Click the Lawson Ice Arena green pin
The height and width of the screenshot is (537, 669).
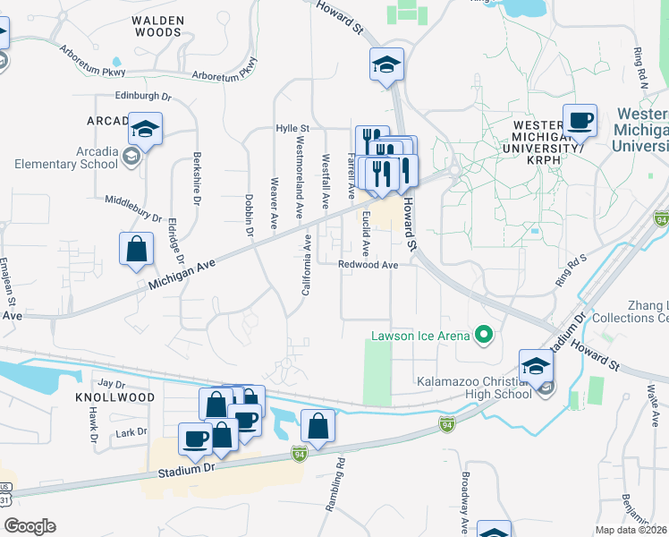[484, 336]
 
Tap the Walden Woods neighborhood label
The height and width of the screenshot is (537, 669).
[157, 25]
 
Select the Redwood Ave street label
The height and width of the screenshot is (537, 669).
[368, 265]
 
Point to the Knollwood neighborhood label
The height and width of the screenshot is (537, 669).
[116, 396]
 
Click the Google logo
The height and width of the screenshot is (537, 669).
[29, 526]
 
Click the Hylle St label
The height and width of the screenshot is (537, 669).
[292, 129]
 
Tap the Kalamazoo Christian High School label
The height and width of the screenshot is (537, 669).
[474, 388]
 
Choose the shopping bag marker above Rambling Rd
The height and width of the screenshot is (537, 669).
[318, 427]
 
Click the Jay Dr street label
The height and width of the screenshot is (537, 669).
[112, 382]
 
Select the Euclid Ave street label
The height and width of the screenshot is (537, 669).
[366, 231]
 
